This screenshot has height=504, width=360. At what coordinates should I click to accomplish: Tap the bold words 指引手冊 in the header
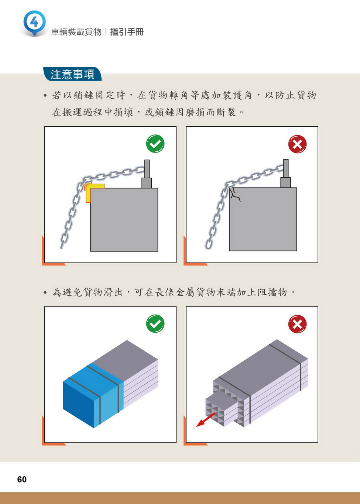[x=127, y=32]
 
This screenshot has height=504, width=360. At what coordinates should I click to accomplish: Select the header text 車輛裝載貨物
[x=76, y=32]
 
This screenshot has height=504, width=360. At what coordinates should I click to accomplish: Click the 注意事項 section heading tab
[x=72, y=74]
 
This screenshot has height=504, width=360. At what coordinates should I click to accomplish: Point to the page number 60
[x=22, y=479]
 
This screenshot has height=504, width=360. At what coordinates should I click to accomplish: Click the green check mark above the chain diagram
[x=155, y=144]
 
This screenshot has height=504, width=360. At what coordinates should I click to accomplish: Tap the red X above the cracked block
[x=297, y=144]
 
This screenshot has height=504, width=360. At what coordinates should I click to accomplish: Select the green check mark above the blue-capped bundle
[x=155, y=323]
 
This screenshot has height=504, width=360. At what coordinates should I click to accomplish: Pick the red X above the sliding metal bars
[x=297, y=324]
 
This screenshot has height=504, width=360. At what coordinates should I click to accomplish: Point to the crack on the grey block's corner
[x=234, y=195]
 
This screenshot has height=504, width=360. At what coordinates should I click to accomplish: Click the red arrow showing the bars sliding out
[x=206, y=419]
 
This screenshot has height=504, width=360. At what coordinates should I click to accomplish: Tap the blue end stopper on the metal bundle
[x=93, y=395]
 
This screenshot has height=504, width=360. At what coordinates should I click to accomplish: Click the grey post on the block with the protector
[x=147, y=174]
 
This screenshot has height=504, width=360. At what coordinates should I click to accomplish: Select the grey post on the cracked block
[x=286, y=174]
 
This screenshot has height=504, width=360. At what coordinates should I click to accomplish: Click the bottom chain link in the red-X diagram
[x=209, y=244]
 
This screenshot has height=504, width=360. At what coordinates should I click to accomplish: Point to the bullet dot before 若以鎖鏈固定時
[x=45, y=96]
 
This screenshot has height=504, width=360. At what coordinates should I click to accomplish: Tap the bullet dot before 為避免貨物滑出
[x=45, y=293]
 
